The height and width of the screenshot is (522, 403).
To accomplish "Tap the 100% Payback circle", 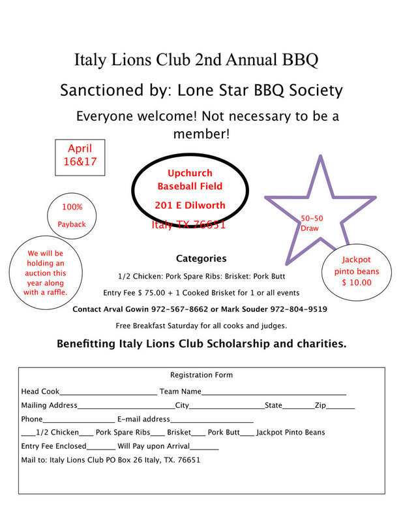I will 72,215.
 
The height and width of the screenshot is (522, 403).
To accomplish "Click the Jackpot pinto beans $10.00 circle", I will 357,271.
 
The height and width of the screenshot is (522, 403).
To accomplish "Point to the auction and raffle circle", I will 46,272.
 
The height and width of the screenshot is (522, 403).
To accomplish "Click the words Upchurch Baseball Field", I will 190,180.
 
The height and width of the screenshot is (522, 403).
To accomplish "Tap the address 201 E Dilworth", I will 190,206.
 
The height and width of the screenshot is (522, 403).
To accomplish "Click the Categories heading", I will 201,258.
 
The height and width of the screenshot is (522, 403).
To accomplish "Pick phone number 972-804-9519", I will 297,309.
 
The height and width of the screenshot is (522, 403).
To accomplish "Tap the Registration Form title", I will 201,375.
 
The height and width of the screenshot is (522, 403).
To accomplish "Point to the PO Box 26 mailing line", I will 111,460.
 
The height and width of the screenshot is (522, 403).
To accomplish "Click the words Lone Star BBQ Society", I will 260,90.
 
